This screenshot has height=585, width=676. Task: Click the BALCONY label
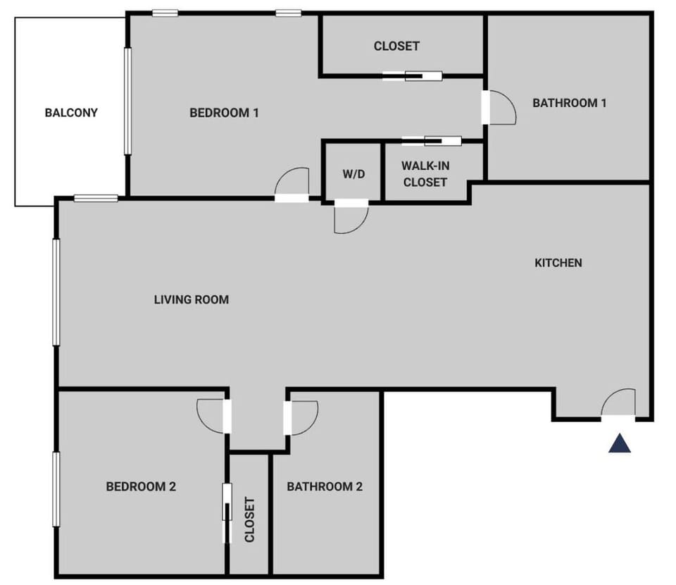71,112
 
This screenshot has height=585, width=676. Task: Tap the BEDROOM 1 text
225,112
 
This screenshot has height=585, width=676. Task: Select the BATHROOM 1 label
570,103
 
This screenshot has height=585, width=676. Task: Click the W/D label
353,173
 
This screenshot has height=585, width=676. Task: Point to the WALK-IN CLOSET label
425,174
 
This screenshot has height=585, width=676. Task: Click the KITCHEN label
558,263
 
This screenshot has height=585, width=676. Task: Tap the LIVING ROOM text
192,300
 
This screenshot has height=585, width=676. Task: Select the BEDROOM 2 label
141,486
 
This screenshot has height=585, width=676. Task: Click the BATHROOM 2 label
325,486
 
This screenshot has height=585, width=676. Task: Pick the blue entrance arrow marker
620,443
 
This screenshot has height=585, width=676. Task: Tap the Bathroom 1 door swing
501,108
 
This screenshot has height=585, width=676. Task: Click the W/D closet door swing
350,219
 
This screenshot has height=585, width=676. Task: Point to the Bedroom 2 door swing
211,416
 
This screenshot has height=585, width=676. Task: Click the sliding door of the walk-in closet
432,140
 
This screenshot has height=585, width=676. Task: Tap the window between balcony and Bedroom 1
127,100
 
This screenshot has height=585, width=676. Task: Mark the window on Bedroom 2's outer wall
56,489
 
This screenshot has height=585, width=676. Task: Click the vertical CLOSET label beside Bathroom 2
250,519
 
